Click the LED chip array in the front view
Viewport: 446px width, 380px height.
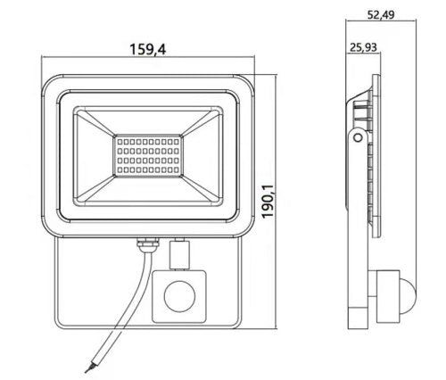[x=148, y=155]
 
